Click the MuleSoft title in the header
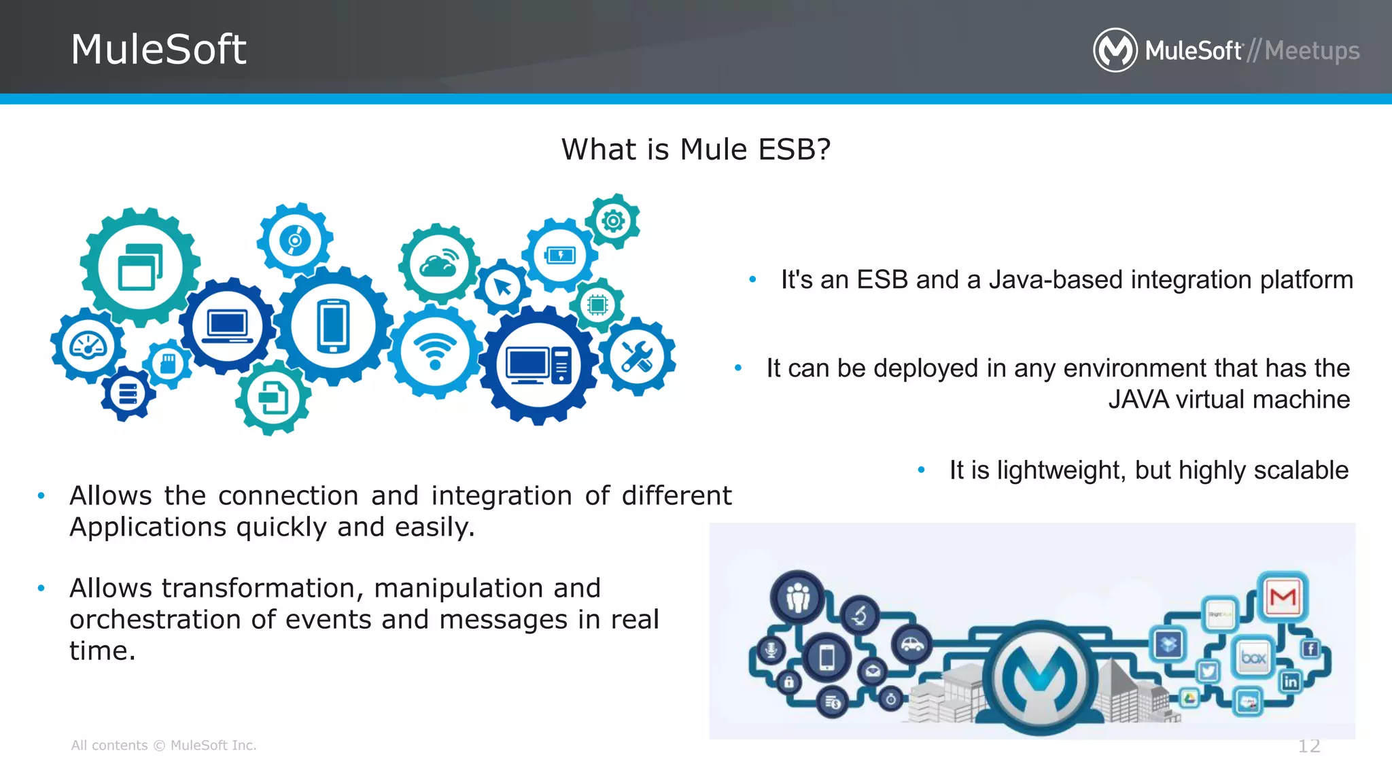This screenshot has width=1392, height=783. coord(158,50)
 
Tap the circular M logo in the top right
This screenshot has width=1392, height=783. coord(1115,50)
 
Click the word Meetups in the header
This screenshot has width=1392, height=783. coord(1312,51)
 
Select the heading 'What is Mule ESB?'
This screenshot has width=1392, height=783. coord(696,150)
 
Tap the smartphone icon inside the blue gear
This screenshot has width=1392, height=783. coord(333,326)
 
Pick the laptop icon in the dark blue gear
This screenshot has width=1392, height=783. coord(228,326)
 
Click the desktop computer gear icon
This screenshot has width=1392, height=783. coord(538,366)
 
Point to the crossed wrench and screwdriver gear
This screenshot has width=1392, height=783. coord(637,357)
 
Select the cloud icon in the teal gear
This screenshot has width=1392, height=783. coord(439,264)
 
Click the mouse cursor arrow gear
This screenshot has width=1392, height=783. coord(503,287)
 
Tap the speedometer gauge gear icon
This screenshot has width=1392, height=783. coord(88,346)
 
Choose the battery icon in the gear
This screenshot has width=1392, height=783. coord(560,255)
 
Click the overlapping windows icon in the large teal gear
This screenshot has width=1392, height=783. coord(140,267)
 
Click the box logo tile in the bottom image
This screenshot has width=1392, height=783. coord(1253,657)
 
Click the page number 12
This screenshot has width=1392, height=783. coord(1308,746)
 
